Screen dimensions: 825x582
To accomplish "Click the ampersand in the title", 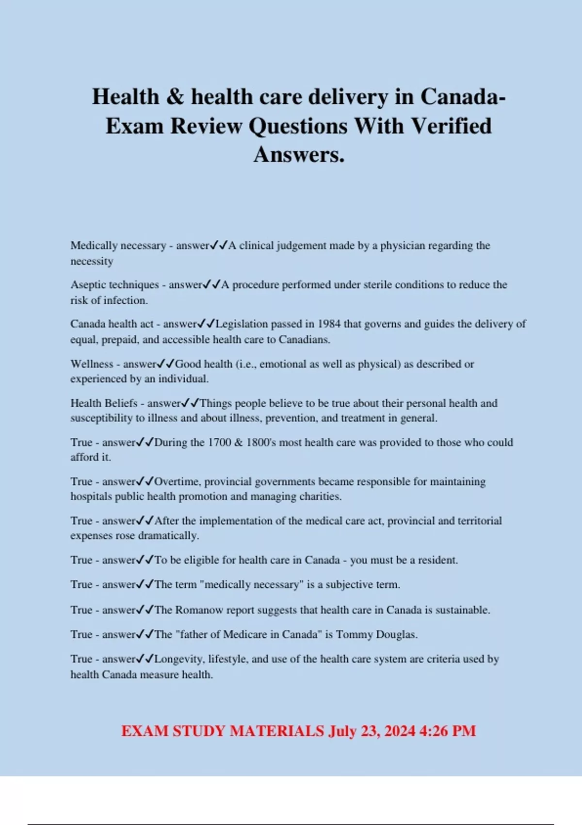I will (175, 97).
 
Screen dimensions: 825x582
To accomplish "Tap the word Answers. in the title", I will (299, 155).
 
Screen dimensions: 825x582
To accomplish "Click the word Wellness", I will (92, 364).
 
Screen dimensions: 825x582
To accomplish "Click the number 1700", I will (219, 443).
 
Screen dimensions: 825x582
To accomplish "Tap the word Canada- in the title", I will (463, 97).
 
